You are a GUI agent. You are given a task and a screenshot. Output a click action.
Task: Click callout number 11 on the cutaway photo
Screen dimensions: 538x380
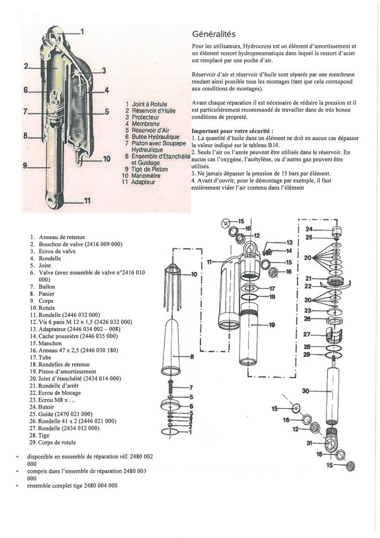coord(87,202)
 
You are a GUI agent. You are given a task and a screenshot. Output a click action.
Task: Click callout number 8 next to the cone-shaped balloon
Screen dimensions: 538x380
coord(191,356)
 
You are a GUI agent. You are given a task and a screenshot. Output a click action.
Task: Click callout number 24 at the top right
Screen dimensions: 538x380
coord(308,229)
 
